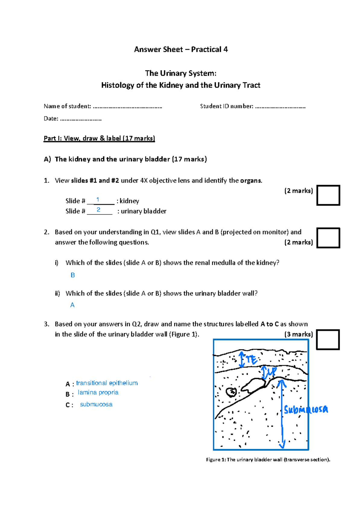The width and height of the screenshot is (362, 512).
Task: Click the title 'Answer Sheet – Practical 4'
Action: coord(181,49)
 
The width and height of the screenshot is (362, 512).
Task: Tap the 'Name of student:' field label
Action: coord(67,106)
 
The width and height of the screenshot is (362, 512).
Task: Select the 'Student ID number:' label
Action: coord(227,106)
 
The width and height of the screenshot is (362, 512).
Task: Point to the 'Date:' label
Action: coord(51,119)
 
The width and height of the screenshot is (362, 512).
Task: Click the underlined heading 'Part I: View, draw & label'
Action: coord(99,138)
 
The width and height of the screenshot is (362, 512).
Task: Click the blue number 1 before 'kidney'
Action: coord(98,200)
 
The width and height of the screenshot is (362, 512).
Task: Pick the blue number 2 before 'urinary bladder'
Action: coord(98,210)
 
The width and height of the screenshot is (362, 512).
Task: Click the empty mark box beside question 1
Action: coord(328,195)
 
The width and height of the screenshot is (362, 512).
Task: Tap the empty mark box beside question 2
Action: coord(328,238)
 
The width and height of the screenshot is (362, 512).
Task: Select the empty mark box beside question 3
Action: coord(328,339)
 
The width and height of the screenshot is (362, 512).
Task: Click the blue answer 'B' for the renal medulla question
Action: coord(73,275)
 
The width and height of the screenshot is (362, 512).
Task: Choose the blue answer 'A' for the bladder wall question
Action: coord(72,305)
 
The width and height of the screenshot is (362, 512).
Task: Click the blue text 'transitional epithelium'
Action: coord(107,383)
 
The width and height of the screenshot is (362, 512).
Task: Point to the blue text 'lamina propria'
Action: coord(98,393)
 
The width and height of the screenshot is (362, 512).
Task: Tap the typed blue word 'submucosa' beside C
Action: coord(96,404)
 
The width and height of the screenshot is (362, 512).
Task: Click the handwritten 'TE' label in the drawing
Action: coord(251,359)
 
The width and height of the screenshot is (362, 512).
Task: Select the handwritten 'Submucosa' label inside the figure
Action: coord(306,409)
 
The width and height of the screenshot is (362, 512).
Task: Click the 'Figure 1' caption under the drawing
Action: coord(268,460)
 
